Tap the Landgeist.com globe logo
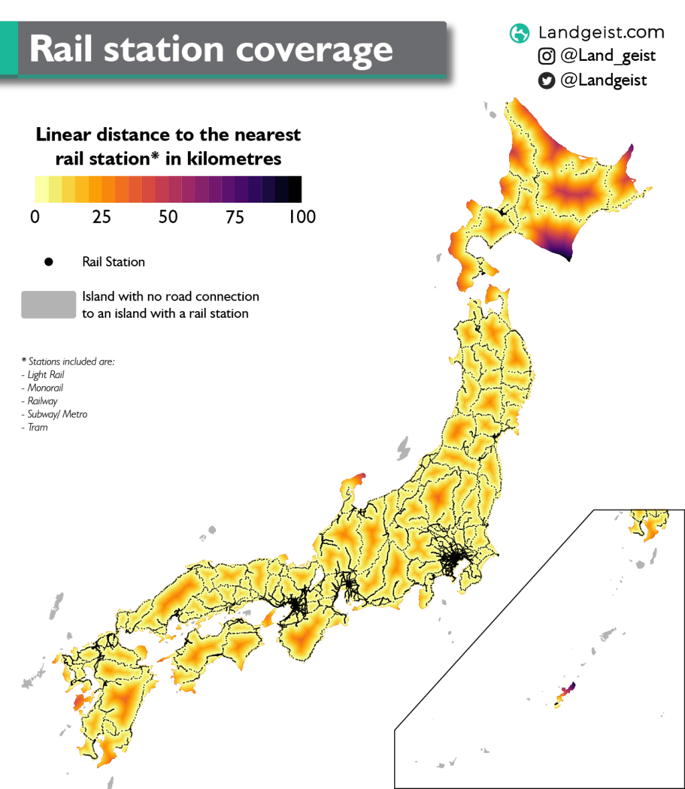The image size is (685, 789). [x=519, y=33]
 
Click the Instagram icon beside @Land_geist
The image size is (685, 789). [x=547, y=56]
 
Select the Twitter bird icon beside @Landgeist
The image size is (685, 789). [x=547, y=81]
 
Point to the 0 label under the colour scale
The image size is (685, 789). [x=35, y=217]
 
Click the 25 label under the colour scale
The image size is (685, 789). [x=102, y=217]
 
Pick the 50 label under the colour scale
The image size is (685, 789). [x=169, y=217]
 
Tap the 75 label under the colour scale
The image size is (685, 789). [x=235, y=217]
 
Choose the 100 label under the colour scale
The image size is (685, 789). [x=302, y=217]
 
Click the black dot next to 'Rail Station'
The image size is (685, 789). [x=48, y=262]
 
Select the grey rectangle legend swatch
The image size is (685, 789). [x=48, y=304]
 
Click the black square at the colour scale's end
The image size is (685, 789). [x=295, y=189]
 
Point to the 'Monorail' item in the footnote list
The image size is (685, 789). [x=45, y=388]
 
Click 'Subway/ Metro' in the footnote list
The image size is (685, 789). [x=58, y=414]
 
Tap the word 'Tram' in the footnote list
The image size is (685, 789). [x=37, y=428]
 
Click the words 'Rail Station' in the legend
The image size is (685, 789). [x=114, y=262]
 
